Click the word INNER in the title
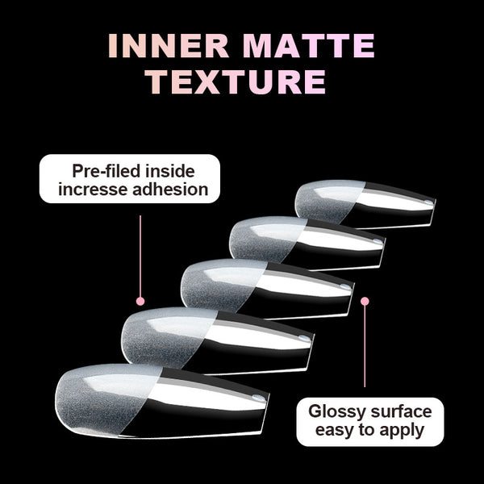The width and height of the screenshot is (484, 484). (x=169, y=46)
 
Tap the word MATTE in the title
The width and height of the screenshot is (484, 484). (x=309, y=46)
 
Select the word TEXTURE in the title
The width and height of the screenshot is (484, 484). (x=236, y=81)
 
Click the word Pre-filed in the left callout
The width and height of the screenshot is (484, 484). (x=106, y=171)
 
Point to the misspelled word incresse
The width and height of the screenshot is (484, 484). (x=93, y=190)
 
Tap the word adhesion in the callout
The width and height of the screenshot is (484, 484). (x=170, y=189)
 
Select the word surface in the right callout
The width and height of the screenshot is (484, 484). (x=401, y=411)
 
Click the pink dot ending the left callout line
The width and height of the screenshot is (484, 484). (x=140, y=301)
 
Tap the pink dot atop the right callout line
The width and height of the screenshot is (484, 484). (x=365, y=301)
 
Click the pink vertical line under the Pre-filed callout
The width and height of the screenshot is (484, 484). (x=140, y=257)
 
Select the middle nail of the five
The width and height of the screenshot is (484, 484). (x=267, y=290)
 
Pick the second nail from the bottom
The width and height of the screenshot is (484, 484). (x=218, y=340)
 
